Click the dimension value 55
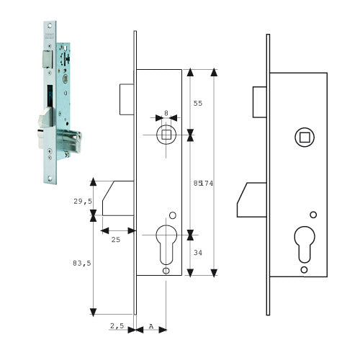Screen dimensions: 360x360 click(x=198, y=104)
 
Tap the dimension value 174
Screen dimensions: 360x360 click(x=207, y=184)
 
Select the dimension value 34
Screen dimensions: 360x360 click(x=198, y=253)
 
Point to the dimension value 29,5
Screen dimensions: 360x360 click(x=83, y=201)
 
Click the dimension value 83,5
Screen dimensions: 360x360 click(x=82, y=264)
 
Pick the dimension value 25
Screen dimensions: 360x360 click(x=116, y=240)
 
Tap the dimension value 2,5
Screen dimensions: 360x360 click(x=117, y=325)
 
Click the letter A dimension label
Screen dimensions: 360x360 click(x=151, y=326)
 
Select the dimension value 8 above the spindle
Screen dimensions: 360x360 click(x=166, y=113)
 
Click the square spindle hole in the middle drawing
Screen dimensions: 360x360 click(x=166, y=135)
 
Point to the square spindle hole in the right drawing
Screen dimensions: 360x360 click(x=305, y=138)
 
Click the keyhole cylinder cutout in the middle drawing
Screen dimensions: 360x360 click(x=166, y=245)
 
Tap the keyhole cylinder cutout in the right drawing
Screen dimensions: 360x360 click(x=305, y=245)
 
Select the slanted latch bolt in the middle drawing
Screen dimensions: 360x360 click(x=118, y=198)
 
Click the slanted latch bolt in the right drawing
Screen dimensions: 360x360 click(x=252, y=200)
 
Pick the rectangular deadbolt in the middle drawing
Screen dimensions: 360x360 click(x=127, y=99)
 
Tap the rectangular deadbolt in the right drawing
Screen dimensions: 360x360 click(x=260, y=102)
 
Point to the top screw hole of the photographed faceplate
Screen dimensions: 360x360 click(x=50, y=25)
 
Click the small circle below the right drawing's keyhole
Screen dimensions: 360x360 click(x=304, y=270)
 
